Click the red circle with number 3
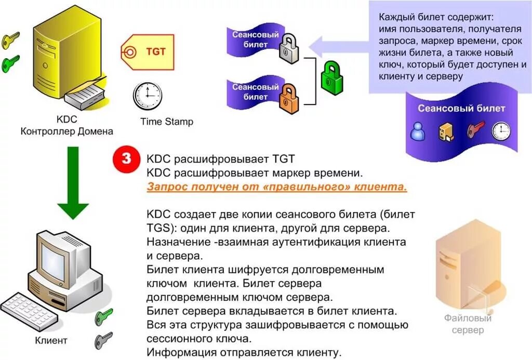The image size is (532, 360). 126,159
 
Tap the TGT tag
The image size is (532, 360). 148,52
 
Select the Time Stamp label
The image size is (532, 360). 167,122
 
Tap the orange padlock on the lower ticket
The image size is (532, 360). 289,100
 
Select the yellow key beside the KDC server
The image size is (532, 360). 10,39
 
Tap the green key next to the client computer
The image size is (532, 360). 104,316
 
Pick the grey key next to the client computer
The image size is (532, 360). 103,340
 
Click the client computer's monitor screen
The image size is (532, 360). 55,260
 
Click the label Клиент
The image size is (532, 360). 51,341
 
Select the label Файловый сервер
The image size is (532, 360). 468,324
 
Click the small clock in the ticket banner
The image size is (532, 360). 501,131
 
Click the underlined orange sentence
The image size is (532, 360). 277,187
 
